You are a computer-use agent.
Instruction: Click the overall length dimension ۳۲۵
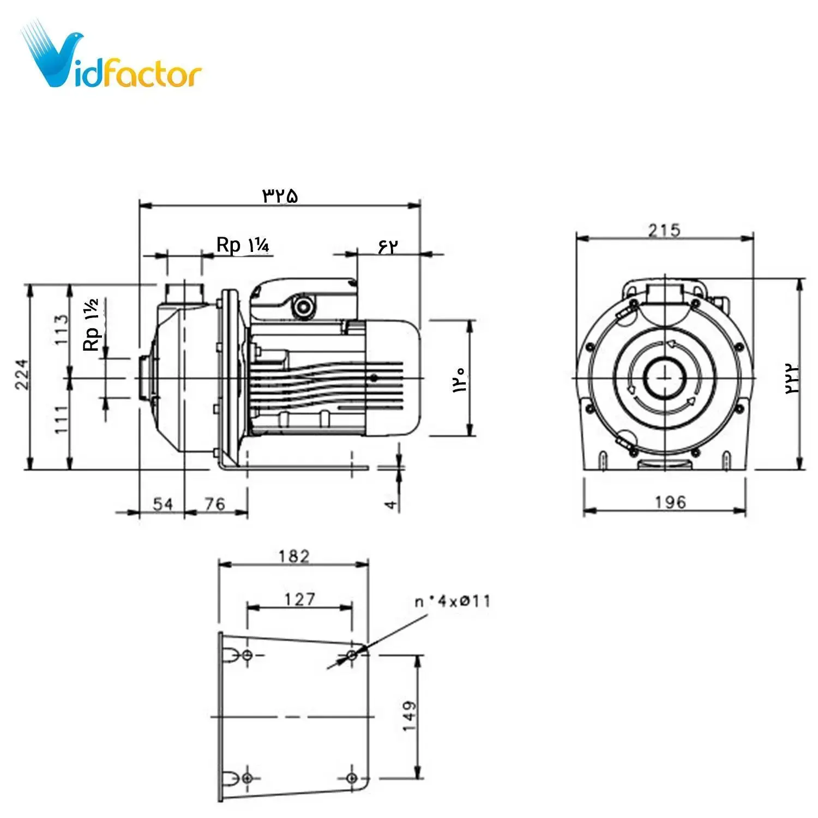click(x=281, y=195)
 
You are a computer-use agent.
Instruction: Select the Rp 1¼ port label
click(x=243, y=245)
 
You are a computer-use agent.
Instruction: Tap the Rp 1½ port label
click(x=91, y=324)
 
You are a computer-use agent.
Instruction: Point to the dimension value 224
click(x=22, y=374)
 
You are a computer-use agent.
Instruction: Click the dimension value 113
click(x=62, y=329)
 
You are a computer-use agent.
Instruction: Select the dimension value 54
click(x=163, y=503)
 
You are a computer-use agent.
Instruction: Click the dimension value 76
click(x=215, y=503)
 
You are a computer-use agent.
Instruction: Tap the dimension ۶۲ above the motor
click(x=388, y=246)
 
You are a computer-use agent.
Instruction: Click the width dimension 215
click(x=664, y=230)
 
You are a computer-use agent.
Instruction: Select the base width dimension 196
click(x=670, y=502)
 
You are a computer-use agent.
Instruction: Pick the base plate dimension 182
click(x=294, y=556)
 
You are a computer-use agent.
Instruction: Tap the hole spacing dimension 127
click(x=299, y=599)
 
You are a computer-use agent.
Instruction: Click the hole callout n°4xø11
click(x=453, y=602)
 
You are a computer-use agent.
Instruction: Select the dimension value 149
click(x=409, y=716)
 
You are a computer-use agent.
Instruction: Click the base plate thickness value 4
click(x=391, y=504)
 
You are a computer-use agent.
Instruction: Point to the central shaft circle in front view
click(x=665, y=378)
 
